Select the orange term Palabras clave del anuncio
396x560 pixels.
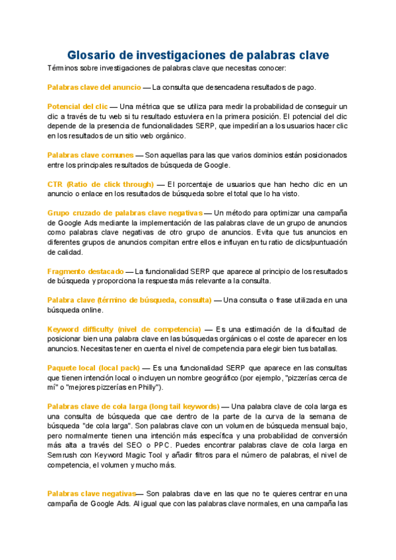pos(94,87)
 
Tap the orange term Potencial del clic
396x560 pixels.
pos(77,106)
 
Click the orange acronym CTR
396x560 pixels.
pos(55,184)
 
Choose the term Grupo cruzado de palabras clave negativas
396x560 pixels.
pos(125,213)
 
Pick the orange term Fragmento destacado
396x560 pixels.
pos(85,271)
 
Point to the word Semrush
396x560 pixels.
pos(61,456)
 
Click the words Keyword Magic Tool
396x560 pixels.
pos(120,456)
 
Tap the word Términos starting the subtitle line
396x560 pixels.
pos(64,68)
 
